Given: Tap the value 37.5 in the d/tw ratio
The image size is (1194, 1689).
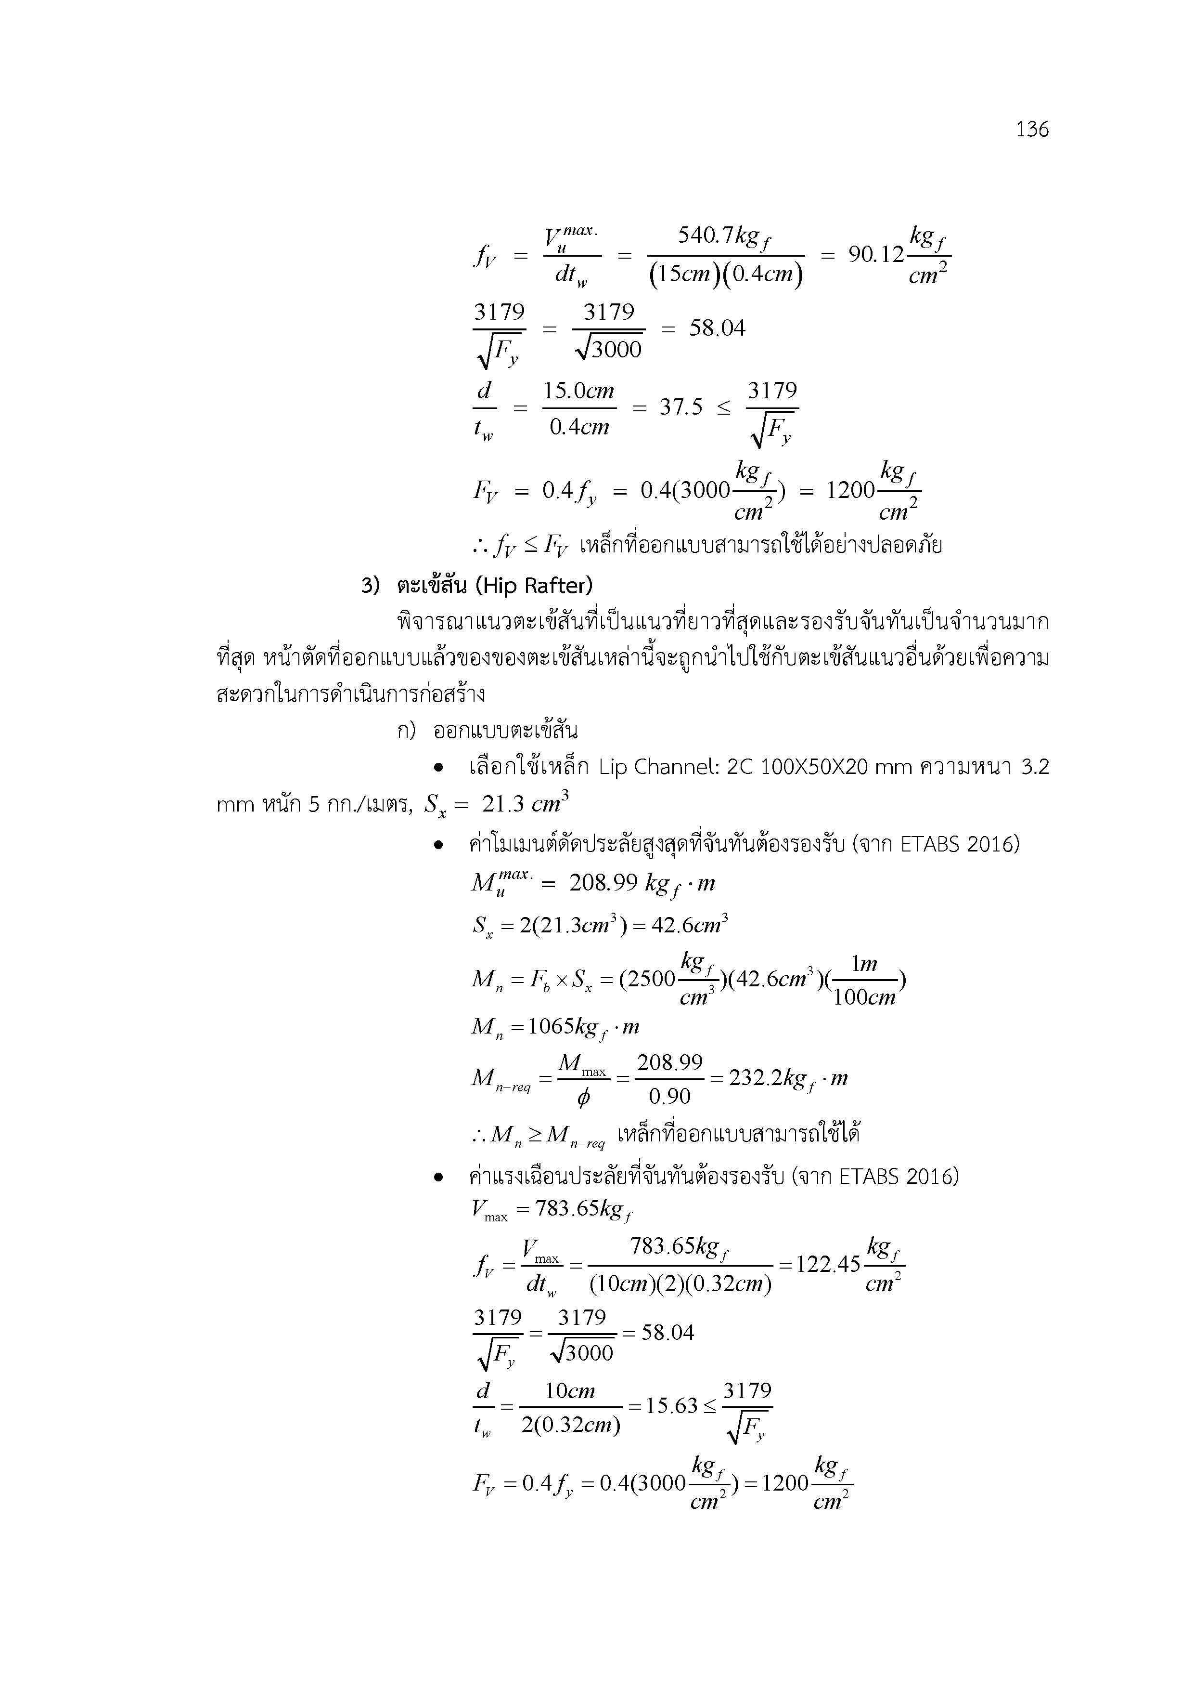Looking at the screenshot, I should [681, 407].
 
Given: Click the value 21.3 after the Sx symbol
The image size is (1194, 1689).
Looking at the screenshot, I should [503, 804].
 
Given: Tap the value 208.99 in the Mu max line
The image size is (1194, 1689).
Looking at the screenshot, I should [603, 883].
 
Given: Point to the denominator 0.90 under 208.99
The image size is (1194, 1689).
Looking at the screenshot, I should [669, 1097].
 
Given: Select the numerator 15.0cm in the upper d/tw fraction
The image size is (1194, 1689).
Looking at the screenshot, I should [578, 390].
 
